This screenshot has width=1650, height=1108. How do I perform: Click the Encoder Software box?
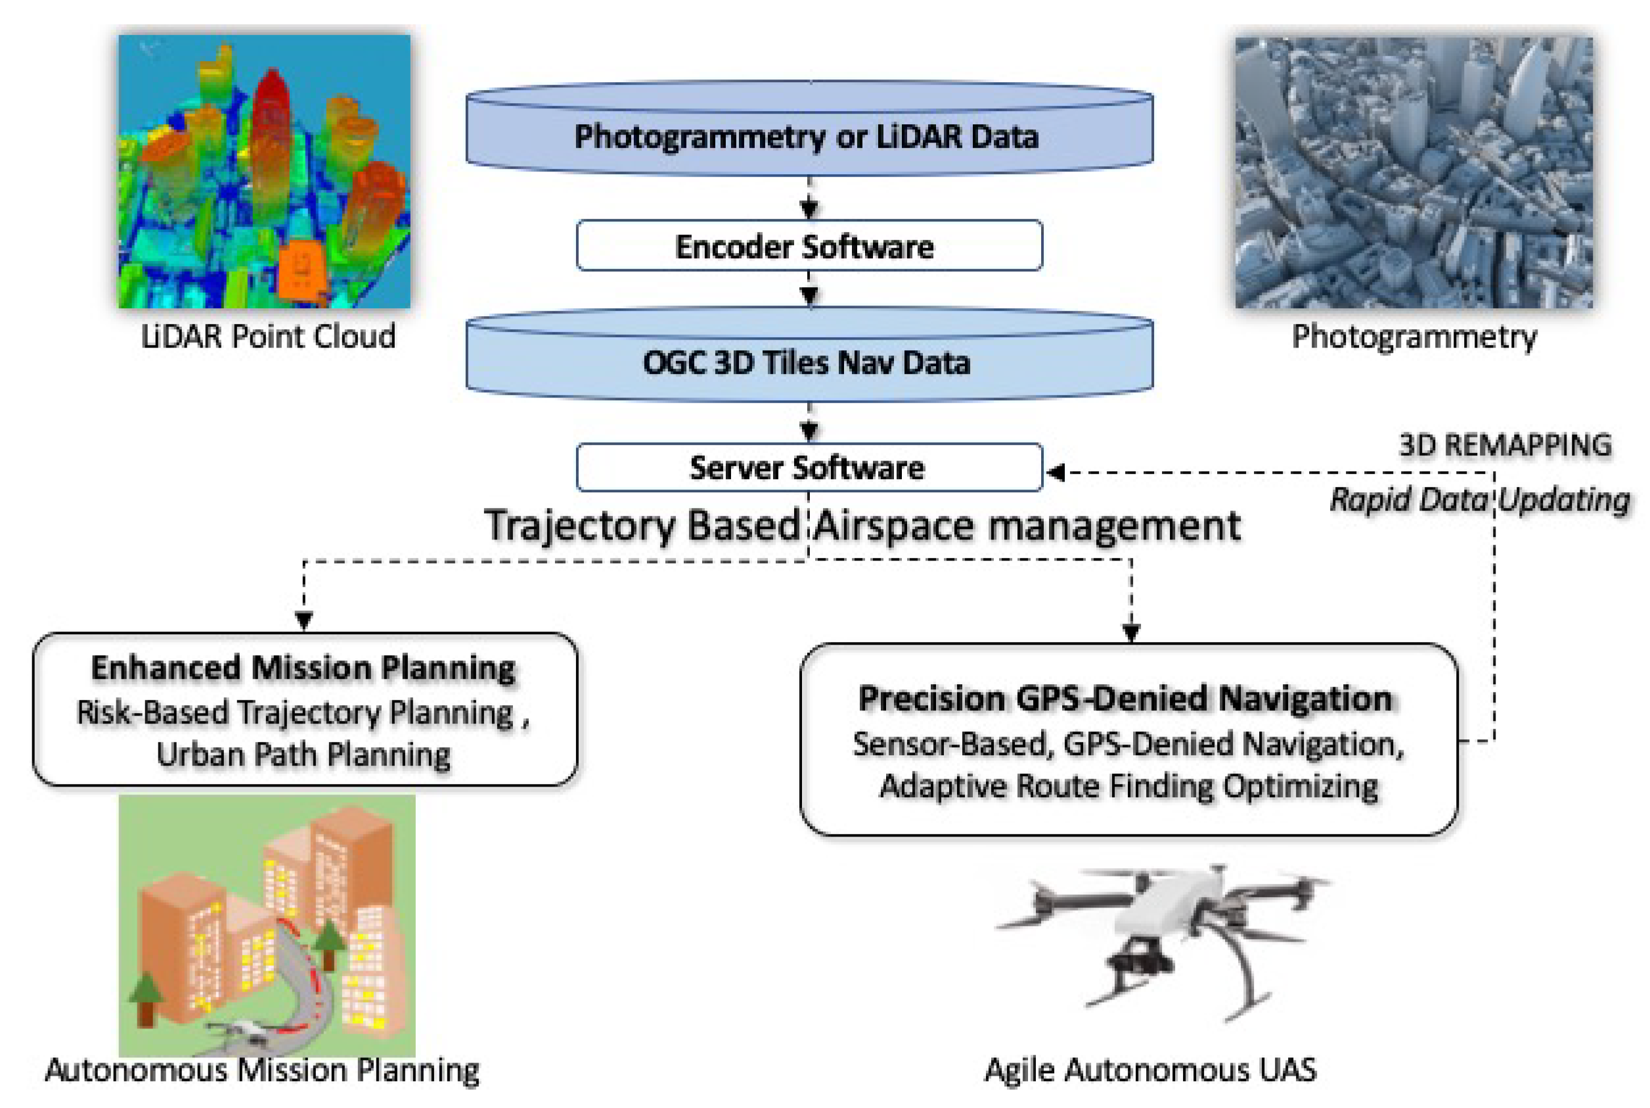click(x=809, y=246)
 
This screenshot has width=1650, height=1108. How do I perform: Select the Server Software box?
click(x=809, y=467)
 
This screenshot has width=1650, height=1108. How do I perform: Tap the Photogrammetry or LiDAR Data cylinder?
click(x=809, y=135)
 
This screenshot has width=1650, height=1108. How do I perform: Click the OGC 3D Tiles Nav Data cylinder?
click(x=809, y=362)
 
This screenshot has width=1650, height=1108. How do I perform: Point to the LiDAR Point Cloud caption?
click(x=268, y=336)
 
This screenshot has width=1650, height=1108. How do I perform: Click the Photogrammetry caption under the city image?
click(x=1414, y=336)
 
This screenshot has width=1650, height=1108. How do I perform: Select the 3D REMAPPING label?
click(x=1504, y=445)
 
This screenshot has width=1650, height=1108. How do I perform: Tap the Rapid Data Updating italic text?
click(x=1479, y=499)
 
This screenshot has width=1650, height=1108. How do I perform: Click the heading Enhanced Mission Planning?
click(x=303, y=668)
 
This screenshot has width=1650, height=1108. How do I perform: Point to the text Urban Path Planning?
click(x=303, y=754)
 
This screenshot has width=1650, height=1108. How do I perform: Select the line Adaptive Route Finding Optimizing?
click(x=1128, y=786)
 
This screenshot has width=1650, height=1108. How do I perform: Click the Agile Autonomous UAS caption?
click(x=1150, y=1069)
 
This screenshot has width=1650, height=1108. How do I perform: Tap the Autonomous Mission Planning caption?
click(x=262, y=1070)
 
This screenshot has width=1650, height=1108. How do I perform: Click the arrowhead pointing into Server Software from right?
click(x=1056, y=472)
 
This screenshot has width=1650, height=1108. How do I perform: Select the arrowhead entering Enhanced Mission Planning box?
click(x=303, y=621)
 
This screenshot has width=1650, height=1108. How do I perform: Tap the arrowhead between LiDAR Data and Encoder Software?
click(x=809, y=208)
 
